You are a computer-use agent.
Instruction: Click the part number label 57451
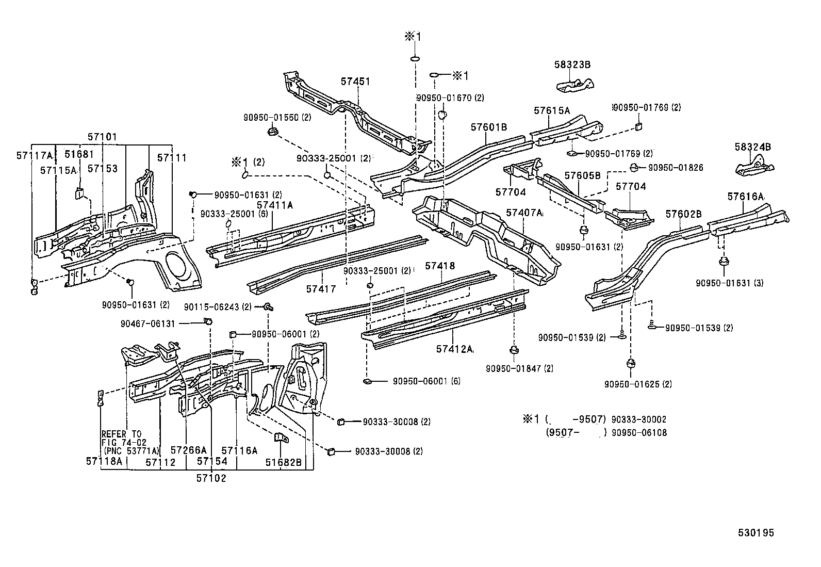[355, 82]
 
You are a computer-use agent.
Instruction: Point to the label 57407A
[524, 213]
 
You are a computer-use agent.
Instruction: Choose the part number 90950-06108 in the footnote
[639, 433]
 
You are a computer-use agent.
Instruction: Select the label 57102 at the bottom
[211, 478]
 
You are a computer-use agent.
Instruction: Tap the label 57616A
[746, 197]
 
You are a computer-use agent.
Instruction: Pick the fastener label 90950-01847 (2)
[519, 368]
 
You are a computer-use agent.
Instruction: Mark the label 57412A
[454, 349]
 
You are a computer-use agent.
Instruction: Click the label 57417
[321, 289]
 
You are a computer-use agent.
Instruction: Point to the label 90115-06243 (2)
[218, 307]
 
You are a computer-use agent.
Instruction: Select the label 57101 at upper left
[102, 137]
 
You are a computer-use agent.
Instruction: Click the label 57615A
[552, 110]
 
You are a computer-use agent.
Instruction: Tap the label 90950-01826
[675, 168]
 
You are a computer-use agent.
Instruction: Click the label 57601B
[488, 127]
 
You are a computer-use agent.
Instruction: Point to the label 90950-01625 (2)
[638, 384]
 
